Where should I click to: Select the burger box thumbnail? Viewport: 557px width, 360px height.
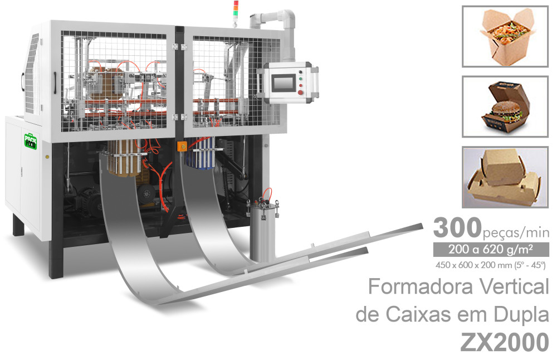click(x=506, y=106)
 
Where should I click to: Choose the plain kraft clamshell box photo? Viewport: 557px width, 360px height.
click(x=506, y=177)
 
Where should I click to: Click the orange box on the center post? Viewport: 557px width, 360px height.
click(x=180, y=147)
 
